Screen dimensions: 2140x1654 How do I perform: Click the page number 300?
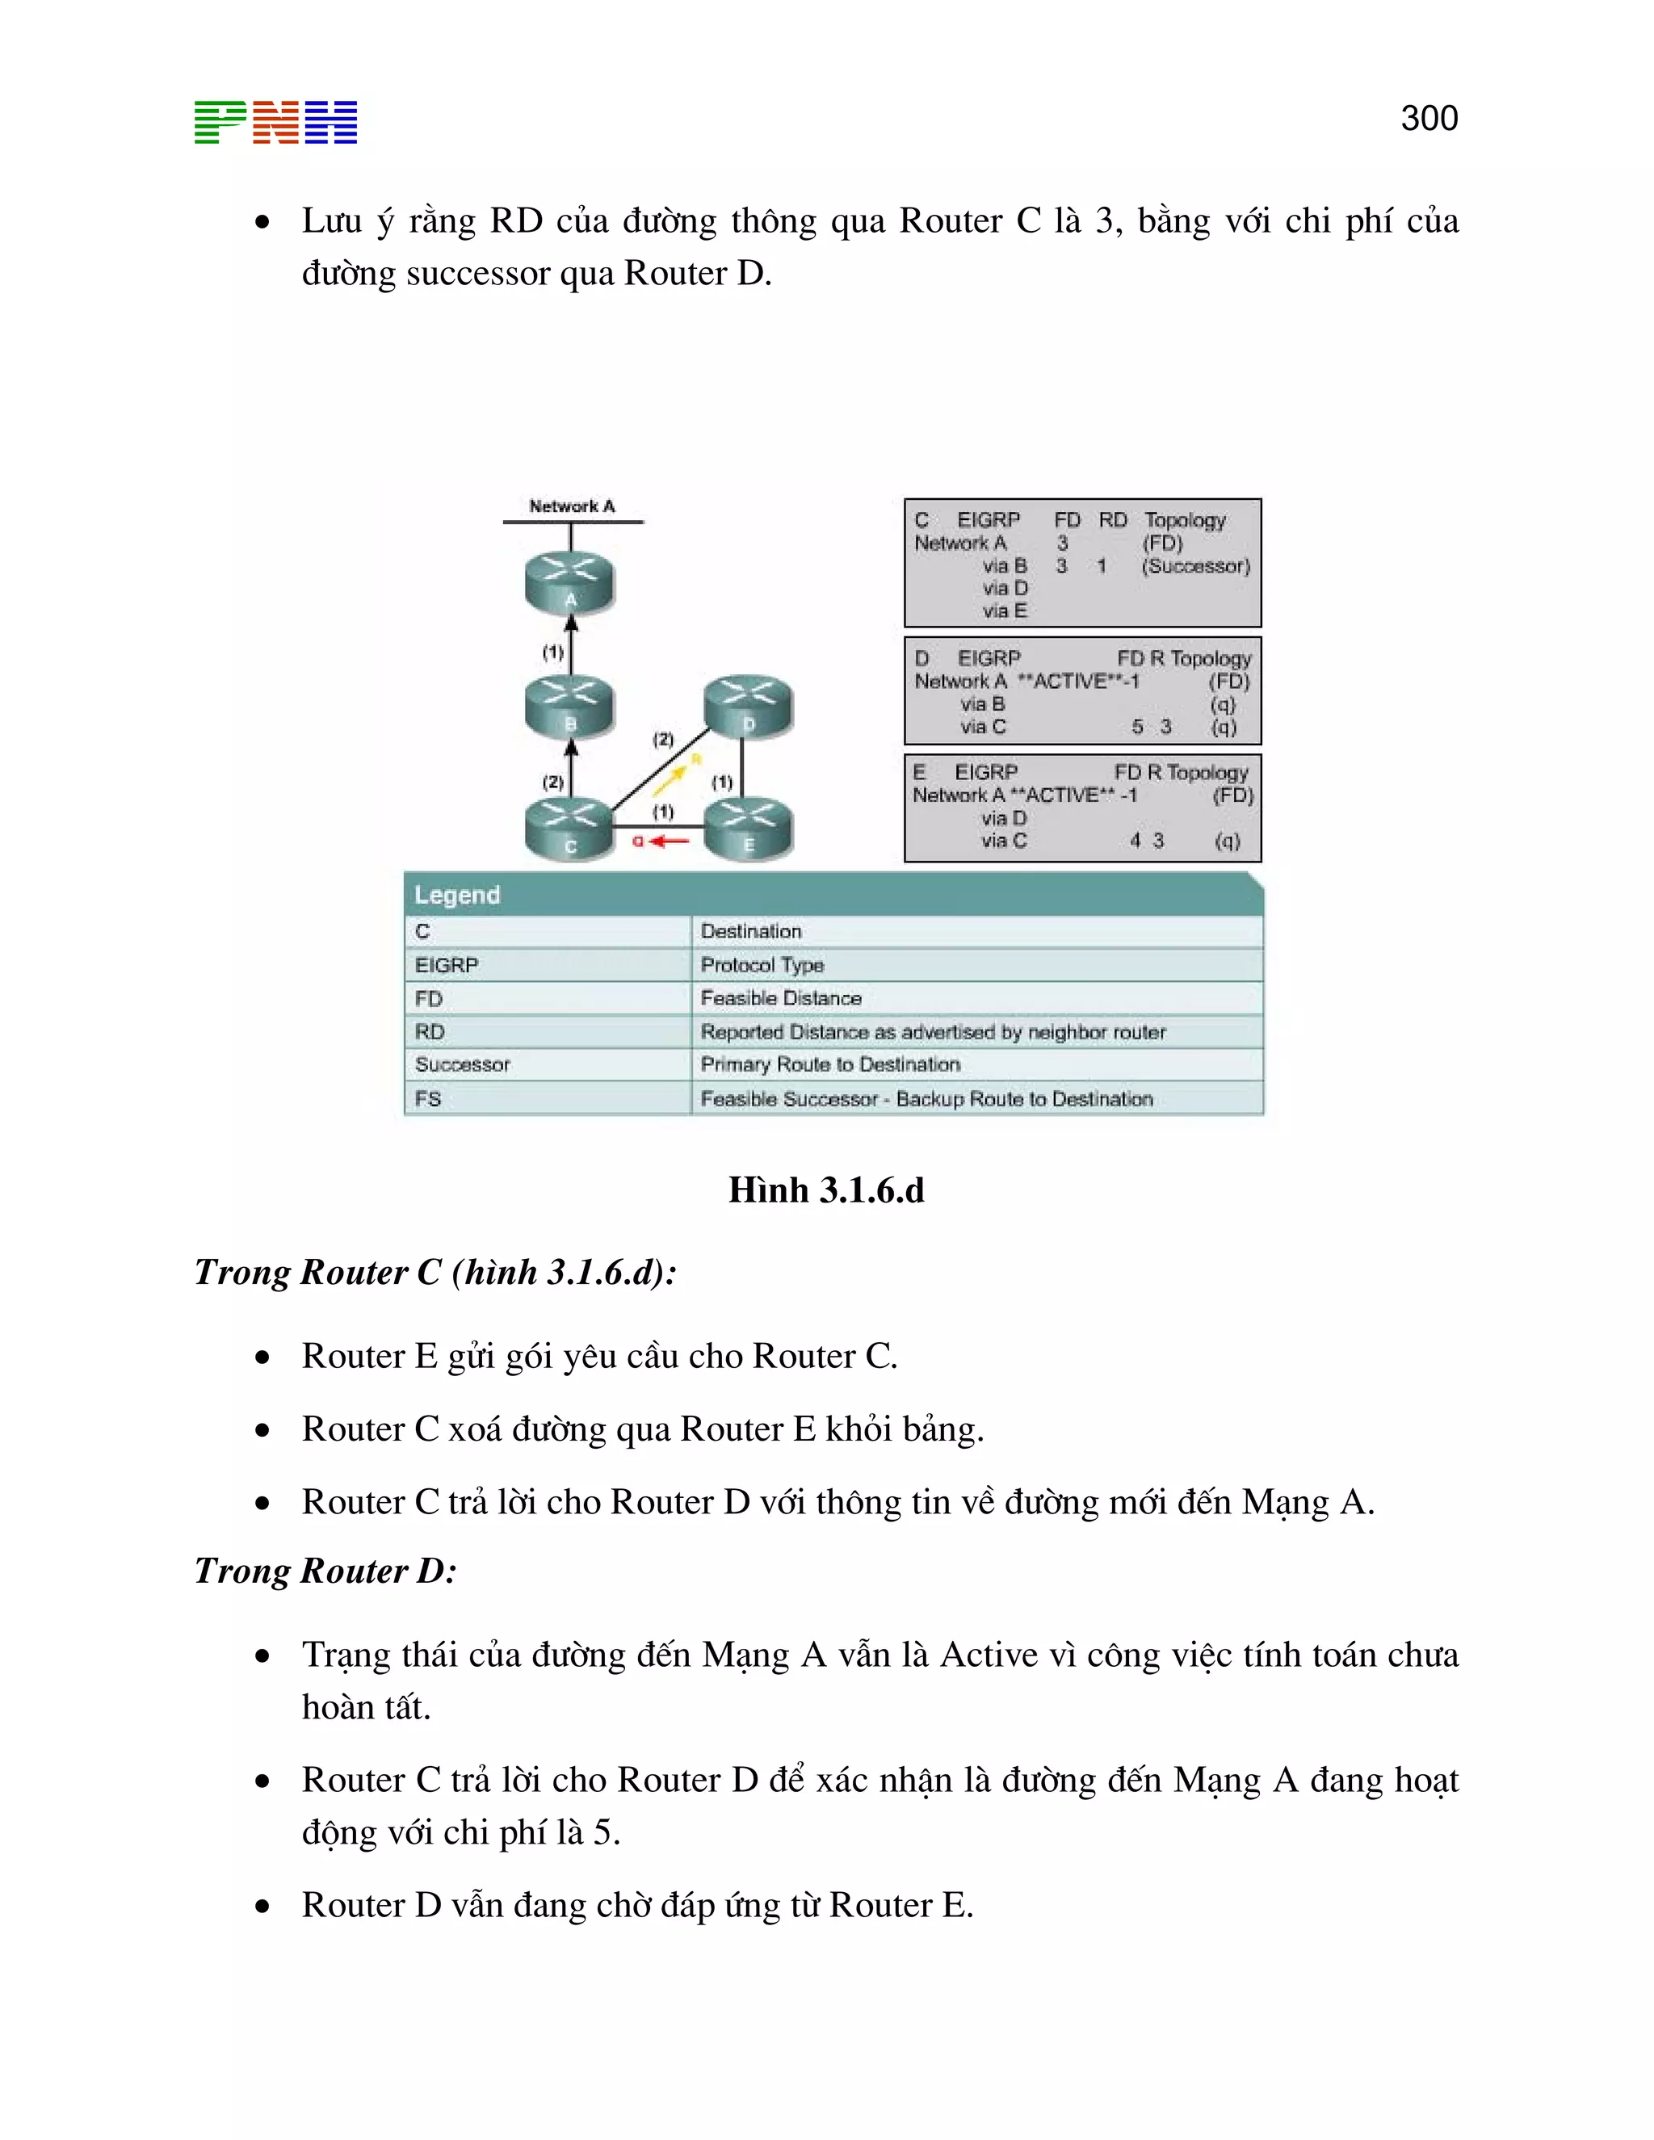pyautogui.click(x=1429, y=119)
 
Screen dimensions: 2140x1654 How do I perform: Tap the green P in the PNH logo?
pyautogui.click(x=220, y=123)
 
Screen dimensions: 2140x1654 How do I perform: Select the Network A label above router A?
pyautogui.click(x=573, y=506)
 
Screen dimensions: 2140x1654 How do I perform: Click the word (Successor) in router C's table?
pyautogui.click(x=1195, y=565)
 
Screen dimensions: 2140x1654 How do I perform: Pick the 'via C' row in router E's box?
pyautogui.click(x=1005, y=841)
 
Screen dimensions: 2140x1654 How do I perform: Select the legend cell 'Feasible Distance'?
pyautogui.click(x=781, y=997)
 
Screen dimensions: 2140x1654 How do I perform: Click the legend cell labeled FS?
pyautogui.click(x=428, y=1098)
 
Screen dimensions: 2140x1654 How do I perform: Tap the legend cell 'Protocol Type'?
pyautogui.click(x=762, y=965)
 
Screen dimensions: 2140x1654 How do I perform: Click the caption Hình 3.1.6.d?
pyautogui.click(x=826, y=1190)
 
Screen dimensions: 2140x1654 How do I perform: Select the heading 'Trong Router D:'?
pyautogui.click(x=325, y=1571)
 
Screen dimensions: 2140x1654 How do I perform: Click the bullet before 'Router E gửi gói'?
pyautogui.click(x=262, y=1357)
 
